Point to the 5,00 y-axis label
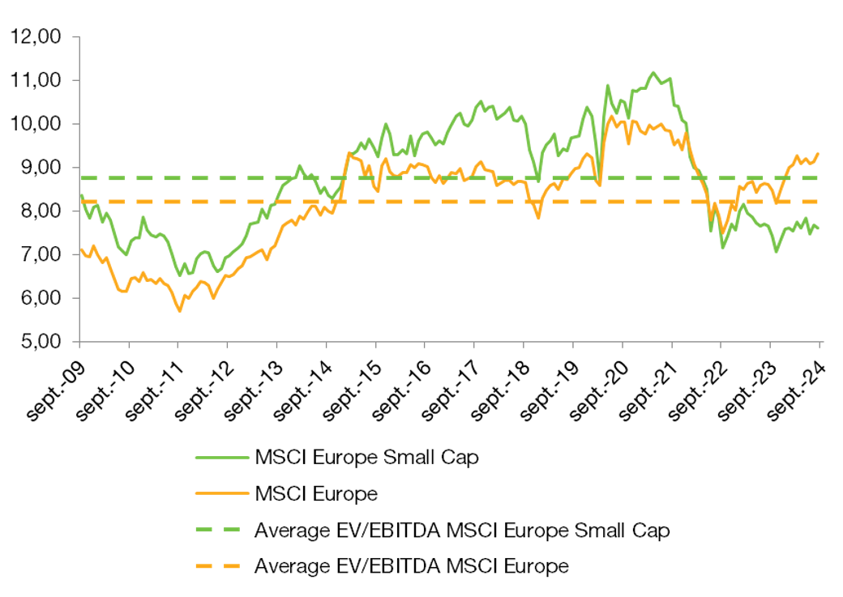42,341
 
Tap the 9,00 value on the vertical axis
42,167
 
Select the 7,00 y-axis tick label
42,254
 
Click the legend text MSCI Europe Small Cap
366,457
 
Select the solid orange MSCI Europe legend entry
315,493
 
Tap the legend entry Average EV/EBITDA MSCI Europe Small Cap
462,531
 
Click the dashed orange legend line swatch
220,566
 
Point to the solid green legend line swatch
220,457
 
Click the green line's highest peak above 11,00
653,73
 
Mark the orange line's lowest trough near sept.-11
179,311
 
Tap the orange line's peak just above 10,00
610,117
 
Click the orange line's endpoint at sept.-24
818,153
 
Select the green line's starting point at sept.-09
80,194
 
